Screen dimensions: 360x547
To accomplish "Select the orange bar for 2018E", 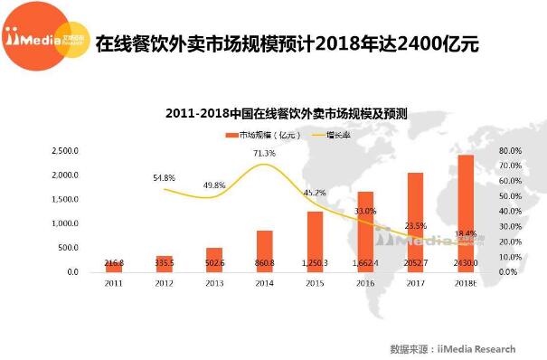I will click(466, 213).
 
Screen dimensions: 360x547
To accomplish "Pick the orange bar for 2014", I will click(264, 251).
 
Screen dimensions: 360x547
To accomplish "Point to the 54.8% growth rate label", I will click(164, 177).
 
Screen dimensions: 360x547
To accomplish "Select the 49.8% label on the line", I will click(214, 185).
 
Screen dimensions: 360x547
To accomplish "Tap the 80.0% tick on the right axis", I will click(508, 150).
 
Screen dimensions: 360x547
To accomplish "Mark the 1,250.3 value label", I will click(315, 261).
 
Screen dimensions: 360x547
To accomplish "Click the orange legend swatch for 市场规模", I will click(231, 135).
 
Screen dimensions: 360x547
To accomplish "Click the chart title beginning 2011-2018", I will click(287, 115).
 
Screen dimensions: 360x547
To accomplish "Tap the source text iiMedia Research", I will click(476, 348).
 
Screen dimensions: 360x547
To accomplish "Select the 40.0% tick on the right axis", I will click(508, 211).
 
